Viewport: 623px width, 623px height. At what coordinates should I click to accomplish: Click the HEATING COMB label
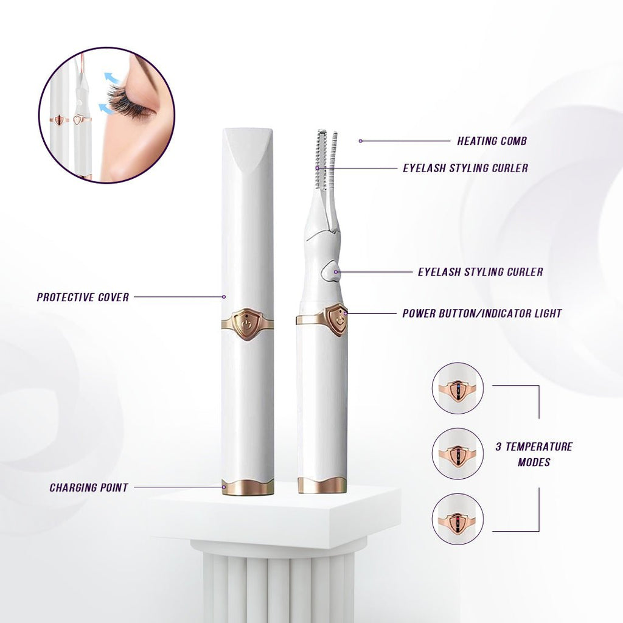492,141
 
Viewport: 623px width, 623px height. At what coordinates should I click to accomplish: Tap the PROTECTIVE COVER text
83,298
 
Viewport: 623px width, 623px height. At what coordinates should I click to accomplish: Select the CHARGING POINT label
89,487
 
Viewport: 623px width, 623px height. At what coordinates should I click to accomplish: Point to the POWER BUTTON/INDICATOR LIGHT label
482,314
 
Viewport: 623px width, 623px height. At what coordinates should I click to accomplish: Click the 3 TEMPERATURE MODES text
534,454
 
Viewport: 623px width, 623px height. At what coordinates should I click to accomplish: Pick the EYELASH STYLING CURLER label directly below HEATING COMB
465,168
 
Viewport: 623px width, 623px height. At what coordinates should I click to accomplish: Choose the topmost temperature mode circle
458,388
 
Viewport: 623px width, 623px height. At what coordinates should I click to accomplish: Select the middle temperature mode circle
458,453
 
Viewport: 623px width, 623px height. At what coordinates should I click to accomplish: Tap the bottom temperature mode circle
458,519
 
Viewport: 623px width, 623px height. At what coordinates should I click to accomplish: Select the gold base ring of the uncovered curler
322,485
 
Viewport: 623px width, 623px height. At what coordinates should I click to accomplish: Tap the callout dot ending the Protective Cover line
224,297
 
